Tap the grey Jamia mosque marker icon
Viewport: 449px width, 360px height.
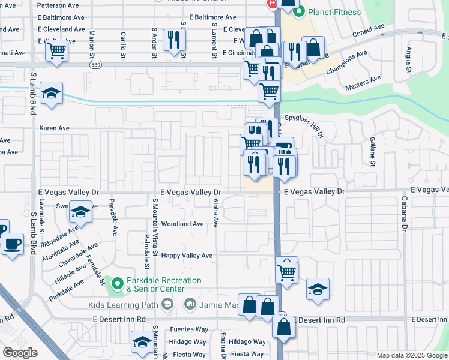coord(190,305)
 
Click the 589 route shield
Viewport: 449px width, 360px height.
coord(95,64)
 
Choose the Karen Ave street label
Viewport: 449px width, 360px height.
coord(55,128)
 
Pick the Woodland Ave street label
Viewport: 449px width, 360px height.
coord(182,224)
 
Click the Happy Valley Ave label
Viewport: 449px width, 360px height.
coord(187,256)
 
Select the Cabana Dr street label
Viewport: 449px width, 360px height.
coord(404,215)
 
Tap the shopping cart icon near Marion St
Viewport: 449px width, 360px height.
coord(56,51)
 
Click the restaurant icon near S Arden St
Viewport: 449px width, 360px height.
coord(174,40)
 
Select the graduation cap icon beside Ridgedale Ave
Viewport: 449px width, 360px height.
coord(80,212)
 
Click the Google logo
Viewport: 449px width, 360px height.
coord(20,353)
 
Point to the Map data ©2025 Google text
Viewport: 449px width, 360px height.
coord(411,355)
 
